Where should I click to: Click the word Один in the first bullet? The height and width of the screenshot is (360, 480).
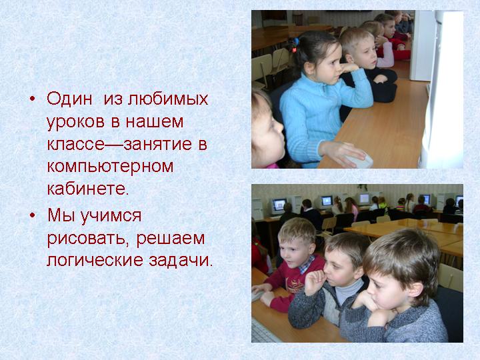point(69,99)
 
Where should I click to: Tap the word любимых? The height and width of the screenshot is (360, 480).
point(168,99)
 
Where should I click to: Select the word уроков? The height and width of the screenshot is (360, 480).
point(75,122)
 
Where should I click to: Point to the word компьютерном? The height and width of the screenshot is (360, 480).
point(110,167)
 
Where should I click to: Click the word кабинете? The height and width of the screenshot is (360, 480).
point(88,188)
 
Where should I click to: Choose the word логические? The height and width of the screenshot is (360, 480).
point(95,261)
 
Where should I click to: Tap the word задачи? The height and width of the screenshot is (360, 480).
point(181,261)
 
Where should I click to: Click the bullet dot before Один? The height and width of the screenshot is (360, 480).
point(33,99)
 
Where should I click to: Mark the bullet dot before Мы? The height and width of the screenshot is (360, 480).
point(33,215)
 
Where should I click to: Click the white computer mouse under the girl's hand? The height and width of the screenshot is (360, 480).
point(359,160)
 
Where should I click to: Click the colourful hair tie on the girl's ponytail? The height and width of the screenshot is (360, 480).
point(294,45)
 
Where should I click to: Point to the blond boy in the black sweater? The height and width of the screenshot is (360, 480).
point(367,67)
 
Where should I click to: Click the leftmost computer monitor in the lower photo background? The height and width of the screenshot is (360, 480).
point(279,205)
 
